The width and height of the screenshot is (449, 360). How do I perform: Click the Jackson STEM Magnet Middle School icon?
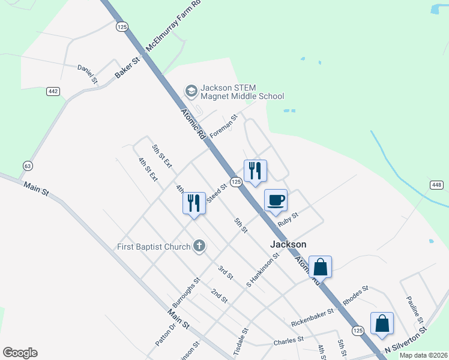[191, 91]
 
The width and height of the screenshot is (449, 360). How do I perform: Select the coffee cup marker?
[276, 200]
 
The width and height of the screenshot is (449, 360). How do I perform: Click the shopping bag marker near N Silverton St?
[382, 324]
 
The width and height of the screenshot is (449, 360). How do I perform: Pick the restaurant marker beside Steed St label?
[194, 202]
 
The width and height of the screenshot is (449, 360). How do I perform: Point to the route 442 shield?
[53, 91]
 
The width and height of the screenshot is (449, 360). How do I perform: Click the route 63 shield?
[28, 165]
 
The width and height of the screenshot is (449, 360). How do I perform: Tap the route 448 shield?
[436, 184]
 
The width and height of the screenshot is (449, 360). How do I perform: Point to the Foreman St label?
[223, 126]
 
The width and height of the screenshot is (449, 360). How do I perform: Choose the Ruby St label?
[288, 220]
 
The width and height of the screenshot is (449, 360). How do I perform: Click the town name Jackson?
[288, 244]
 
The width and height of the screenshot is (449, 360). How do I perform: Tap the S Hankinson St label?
[263, 269]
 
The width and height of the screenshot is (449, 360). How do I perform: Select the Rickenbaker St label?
[312, 318]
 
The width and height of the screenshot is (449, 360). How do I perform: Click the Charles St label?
[288, 341]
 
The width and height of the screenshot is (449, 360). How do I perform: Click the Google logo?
[20, 353]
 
